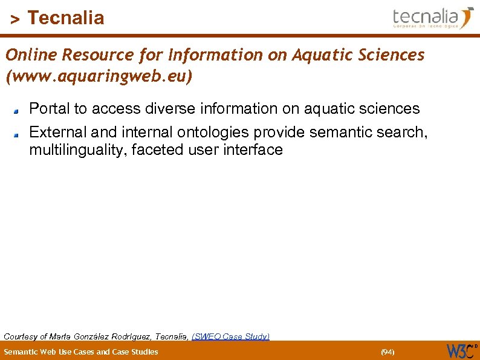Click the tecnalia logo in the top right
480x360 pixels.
click(433, 17)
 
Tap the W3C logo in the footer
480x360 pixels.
click(461, 350)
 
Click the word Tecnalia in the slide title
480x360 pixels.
click(66, 18)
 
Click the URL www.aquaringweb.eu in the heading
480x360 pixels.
click(99, 77)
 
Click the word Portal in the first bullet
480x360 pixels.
click(49, 109)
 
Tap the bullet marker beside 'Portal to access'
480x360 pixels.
click(18, 111)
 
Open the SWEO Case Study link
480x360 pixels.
click(230, 336)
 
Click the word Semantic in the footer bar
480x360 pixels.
click(22, 352)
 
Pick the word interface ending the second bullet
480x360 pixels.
click(253, 149)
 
